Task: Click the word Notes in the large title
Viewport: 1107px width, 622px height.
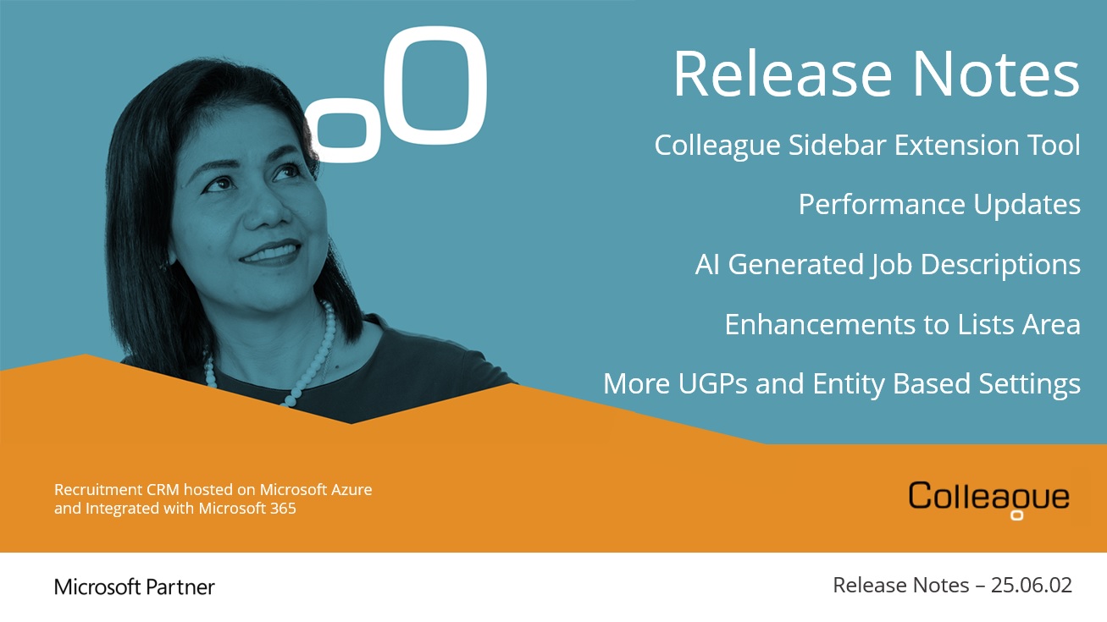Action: pos(995,74)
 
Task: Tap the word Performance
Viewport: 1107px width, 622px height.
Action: pos(882,206)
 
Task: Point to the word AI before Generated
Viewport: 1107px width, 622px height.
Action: pos(707,264)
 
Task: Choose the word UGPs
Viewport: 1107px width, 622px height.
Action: pos(712,384)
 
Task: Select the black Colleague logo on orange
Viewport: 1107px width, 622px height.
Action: pos(988,499)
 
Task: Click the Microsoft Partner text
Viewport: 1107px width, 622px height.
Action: pos(135,587)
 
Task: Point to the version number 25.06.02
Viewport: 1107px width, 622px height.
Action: pos(1032,586)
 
